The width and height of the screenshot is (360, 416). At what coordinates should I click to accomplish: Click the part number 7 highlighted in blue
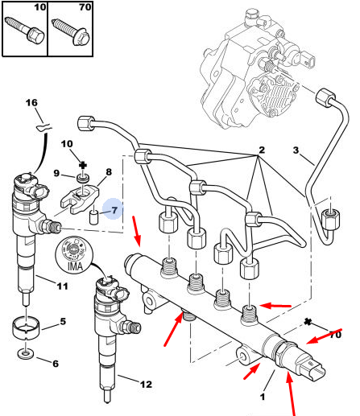click(x=114, y=210)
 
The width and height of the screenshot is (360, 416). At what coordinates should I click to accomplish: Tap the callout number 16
click(x=31, y=102)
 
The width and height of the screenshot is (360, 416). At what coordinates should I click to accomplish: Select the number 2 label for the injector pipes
click(x=262, y=150)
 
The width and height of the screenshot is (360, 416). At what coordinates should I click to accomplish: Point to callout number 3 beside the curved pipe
click(x=296, y=150)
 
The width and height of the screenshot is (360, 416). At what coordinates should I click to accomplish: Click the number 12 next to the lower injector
click(x=146, y=385)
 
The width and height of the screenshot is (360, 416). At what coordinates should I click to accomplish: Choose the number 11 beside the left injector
click(x=62, y=286)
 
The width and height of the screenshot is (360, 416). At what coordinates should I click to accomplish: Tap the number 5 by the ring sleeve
click(x=63, y=321)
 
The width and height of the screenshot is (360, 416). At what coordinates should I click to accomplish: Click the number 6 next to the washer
click(x=56, y=364)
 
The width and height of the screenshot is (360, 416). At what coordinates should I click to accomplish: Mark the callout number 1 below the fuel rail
click(x=263, y=397)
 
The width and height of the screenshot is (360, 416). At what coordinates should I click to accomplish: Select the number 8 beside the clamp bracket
click(x=109, y=172)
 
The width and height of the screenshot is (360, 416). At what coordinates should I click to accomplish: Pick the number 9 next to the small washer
click(x=56, y=173)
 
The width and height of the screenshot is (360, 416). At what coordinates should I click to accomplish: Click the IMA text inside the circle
click(x=75, y=266)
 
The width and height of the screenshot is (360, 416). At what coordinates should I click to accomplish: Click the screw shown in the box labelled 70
click(x=71, y=31)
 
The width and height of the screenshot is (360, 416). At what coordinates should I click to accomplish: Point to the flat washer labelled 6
click(x=26, y=354)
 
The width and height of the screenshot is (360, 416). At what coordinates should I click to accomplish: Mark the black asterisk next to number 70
click(x=308, y=322)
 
